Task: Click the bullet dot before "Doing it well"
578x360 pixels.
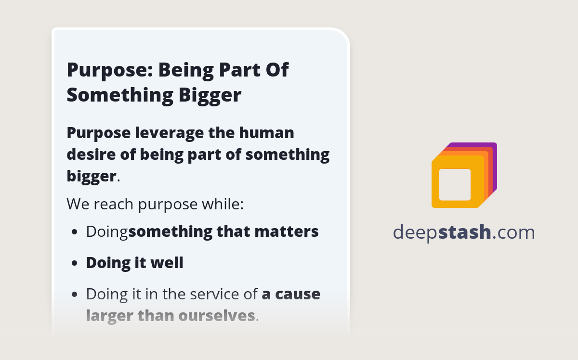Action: click(74, 264)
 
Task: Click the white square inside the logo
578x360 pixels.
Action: click(455, 185)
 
